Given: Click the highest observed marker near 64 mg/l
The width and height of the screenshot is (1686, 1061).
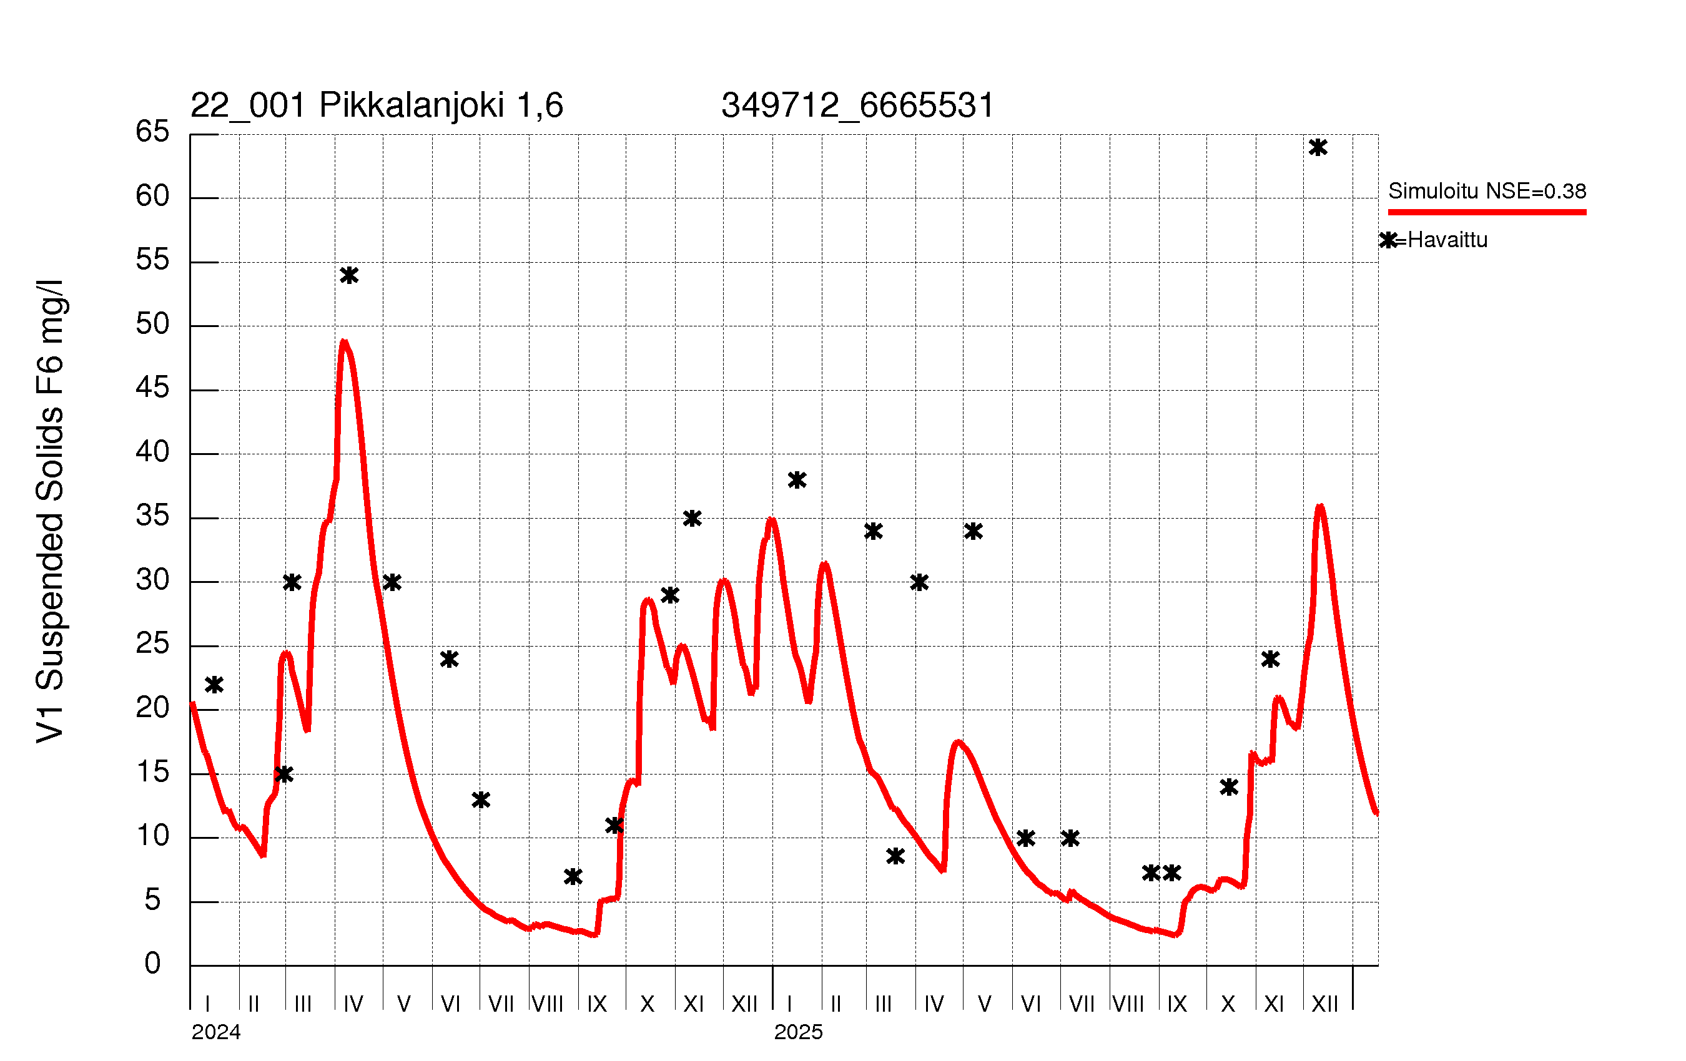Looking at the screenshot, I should click(1318, 148).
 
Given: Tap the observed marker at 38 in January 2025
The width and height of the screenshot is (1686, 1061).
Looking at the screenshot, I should click(797, 480).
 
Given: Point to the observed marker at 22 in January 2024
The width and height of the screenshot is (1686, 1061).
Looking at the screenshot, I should click(214, 685).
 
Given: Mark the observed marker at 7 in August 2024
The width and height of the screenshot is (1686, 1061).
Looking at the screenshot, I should click(573, 876).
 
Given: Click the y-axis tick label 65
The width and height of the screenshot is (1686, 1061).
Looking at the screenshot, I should click(152, 132).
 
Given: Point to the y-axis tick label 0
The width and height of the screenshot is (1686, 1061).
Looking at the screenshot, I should click(152, 964).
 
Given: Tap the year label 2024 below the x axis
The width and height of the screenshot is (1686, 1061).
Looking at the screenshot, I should click(215, 1032).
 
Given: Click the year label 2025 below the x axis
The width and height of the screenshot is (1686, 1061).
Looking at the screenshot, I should click(798, 1032).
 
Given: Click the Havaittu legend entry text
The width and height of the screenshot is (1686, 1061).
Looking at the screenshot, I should click(1447, 240).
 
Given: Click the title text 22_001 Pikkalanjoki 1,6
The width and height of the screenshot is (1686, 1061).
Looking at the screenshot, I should click(377, 105).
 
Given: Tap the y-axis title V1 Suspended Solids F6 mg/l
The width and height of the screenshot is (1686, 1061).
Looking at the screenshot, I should click(51, 511).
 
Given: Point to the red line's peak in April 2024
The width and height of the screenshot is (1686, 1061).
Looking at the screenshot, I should click(343, 342).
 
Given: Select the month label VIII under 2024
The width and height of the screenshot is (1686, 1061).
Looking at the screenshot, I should click(548, 1004).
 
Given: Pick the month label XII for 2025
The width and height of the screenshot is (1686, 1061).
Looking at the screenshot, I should click(1324, 1004).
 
